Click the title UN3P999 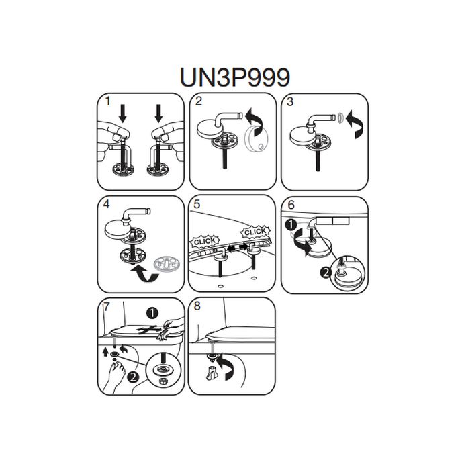[235, 77]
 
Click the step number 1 [107, 101]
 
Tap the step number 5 [197, 204]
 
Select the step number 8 [197, 306]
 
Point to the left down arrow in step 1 [123, 113]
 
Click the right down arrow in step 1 [158, 113]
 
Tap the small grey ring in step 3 [340, 118]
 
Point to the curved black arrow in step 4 [144, 273]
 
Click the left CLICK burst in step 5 [205, 242]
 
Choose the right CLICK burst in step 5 [255, 232]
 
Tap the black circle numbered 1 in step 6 [291, 225]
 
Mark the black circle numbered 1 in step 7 [152, 313]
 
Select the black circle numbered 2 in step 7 [133, 377]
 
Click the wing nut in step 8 [212, 373]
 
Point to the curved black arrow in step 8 [228, 365]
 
